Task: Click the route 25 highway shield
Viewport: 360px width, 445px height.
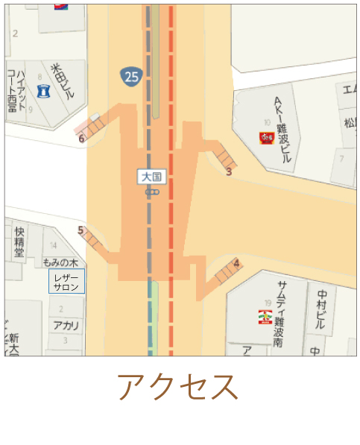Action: pyautogui.click(x=131, y=75)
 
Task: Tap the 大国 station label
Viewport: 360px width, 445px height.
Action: pyautogui.click(x=152, y=177)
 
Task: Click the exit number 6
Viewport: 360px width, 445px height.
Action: pyautogui.click(x=81, y=138)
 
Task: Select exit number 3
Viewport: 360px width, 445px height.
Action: pyautogui.click(x=229, y=171)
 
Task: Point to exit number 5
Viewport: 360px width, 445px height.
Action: pyautogui.click(x=80, y=230)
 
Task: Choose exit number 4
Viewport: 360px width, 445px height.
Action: pyautogui.click(x=236, y=263)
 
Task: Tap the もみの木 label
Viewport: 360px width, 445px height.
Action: pyautogui.click(x=60, y=262)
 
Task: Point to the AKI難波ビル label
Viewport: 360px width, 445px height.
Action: pyautogui.click(x=281, y=129)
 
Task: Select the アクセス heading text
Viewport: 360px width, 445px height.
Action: pyautogui.click(x=179, y=387)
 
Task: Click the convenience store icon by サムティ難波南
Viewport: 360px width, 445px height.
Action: pyautogui.click(x=265, y=317)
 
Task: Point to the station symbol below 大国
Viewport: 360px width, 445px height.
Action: pyautogui.click(x=152, y=192)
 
